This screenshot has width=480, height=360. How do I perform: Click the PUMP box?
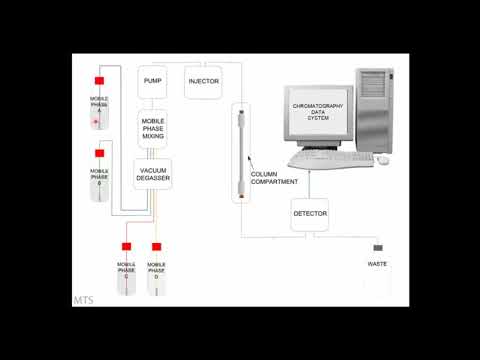[x=152, y=81]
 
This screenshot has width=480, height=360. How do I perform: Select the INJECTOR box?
[x=203, y=81]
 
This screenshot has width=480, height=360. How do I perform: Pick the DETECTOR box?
[x=310, y=214]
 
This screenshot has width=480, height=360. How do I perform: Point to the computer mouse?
[x=382, y=160]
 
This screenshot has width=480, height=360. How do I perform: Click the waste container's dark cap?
[x=378, y=248]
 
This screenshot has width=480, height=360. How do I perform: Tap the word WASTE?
[x=378, y=263]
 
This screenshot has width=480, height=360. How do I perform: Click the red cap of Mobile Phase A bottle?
[x=100, y=80]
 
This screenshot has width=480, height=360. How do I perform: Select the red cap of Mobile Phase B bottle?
[x=99, y=154]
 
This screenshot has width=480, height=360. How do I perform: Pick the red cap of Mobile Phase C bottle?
[x=127, y=246]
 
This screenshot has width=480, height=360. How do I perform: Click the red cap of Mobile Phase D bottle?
[x=156, y=246]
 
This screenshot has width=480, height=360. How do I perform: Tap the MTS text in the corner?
[x=84, y=298]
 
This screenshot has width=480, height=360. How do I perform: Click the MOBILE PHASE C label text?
[x=127, y=269]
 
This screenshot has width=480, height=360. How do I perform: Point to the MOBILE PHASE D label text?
[x=156, y=269]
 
